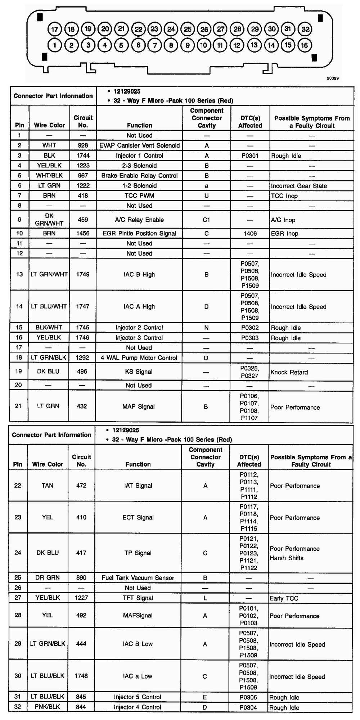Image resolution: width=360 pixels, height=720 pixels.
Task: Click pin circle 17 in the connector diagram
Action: coord(54,29)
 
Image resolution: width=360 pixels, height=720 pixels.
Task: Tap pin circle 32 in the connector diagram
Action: coord(305,29)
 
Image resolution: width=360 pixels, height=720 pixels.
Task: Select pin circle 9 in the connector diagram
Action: coord(187,45)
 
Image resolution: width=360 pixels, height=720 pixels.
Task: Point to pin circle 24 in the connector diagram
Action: coord(171,29)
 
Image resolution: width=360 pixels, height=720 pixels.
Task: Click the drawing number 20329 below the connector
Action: coord(333,78)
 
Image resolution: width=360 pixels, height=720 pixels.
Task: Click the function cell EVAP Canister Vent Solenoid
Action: coord(139,145)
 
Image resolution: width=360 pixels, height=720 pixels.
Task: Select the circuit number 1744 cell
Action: coord(83,156)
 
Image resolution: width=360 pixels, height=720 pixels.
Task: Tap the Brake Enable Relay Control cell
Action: coord(139,176)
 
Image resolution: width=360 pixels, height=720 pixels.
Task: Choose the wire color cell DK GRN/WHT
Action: coord(49,220)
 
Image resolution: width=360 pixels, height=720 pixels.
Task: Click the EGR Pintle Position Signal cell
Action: coord(139,233)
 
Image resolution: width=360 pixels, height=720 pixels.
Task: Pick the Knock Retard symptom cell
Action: coord(289,372)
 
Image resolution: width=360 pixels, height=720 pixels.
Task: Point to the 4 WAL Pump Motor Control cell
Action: coord(139,358)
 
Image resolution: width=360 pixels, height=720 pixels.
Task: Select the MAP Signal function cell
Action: coord(139,406)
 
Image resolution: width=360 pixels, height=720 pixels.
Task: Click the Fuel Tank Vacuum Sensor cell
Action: coord(138,578)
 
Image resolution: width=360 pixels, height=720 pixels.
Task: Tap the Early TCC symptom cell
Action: coord(284,598)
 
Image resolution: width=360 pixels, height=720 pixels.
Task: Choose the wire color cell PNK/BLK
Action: coord(48,707)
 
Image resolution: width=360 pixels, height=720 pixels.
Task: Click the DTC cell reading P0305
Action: coord(248,697)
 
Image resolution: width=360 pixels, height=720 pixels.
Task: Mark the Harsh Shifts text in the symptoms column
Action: coord(287,558)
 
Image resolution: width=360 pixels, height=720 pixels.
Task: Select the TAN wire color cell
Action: coord(48,485)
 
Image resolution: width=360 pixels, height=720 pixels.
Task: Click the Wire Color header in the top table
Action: coord(49,125)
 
